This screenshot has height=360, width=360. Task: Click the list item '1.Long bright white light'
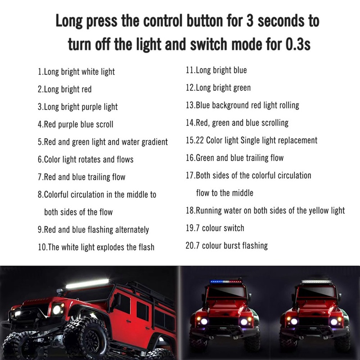click(76, 72)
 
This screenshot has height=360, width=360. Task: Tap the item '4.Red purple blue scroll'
click(75, 124)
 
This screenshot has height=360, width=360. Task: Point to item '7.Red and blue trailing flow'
click(81, 177)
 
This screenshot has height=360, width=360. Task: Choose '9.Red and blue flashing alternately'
click(93, 230)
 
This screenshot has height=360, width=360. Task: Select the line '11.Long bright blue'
click(216, 70)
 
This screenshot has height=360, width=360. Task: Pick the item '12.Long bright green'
click(218, 88)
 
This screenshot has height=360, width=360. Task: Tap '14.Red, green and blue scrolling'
click(237, 122)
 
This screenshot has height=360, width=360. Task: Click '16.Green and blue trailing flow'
click(234, 158)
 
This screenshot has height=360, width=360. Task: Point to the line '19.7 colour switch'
click(215, 228)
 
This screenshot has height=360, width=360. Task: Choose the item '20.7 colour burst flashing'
click(226, 246)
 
